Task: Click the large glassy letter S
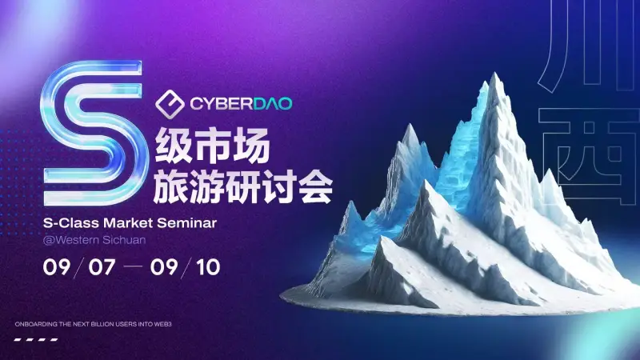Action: pos(93,133)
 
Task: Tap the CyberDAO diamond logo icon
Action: pos(170,104)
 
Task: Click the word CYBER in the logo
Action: pos(221,104)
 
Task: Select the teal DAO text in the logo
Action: pos(272,104)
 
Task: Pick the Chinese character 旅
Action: pos(171,186)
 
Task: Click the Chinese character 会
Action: pos(316,186)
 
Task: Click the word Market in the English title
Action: pos(128,223)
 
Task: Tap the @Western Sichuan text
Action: pos(94,239)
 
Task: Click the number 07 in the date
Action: pos(102,267)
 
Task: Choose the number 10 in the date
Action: pos(208,267)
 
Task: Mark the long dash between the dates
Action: pos(133,267)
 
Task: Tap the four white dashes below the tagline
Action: pos(36,339)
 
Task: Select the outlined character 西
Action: pos(589,156)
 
